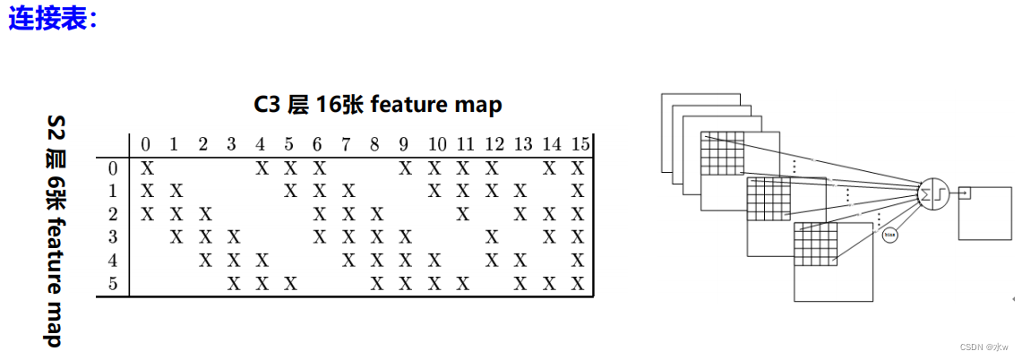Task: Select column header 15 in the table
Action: [x=579, y=144]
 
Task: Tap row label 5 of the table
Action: [x=113, y=284]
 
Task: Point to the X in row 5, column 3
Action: [x=233, y=284]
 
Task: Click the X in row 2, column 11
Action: [x=462, y=214]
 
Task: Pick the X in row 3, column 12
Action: [x=491, y=237]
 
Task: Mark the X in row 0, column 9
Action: [x=405, y=167]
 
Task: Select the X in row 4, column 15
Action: [x=578, y=261]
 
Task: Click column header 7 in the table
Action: [x=347, y=144]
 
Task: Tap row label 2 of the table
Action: [x=113, y=214]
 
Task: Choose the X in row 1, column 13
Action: [x=520, y=191]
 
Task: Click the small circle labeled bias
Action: [x=889, y=235]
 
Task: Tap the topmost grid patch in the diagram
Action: [x=723, y=154]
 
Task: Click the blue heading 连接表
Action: [x=52, y=20]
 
